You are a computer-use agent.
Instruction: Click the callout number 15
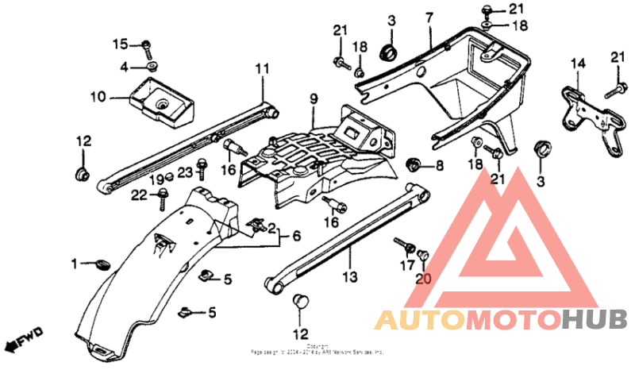119,43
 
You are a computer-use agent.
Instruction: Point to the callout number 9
314,98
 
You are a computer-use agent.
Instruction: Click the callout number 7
429,17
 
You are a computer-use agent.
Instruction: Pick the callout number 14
577,62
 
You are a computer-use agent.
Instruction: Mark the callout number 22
138,195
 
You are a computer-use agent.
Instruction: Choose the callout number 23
184,172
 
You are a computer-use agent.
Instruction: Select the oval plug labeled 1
102,264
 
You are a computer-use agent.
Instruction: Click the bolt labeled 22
164,195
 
